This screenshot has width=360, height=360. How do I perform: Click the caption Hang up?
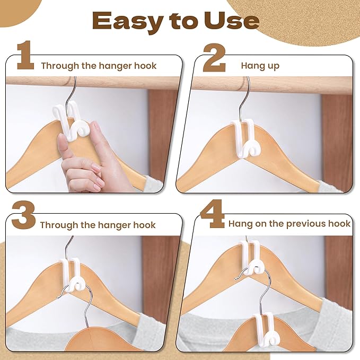pyautogui.click(x=260, y=66)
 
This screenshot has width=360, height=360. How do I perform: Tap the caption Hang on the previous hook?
pyautogui.click(x=289, y=224)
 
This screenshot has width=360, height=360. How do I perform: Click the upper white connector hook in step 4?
pyautogui.click(x=249, y=257)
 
